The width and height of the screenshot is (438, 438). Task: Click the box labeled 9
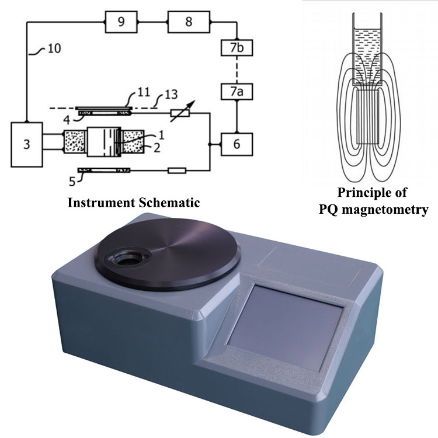[x=121, y=22]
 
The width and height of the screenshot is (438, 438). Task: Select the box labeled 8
[x=188, y=22]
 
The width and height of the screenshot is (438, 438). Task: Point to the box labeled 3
[x=27, y=144]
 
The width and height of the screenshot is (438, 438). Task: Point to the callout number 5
[x=72, y=180]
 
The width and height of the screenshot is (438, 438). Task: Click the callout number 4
[x=68, y=120]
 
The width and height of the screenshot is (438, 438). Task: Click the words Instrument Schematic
[x=134, y=203]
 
